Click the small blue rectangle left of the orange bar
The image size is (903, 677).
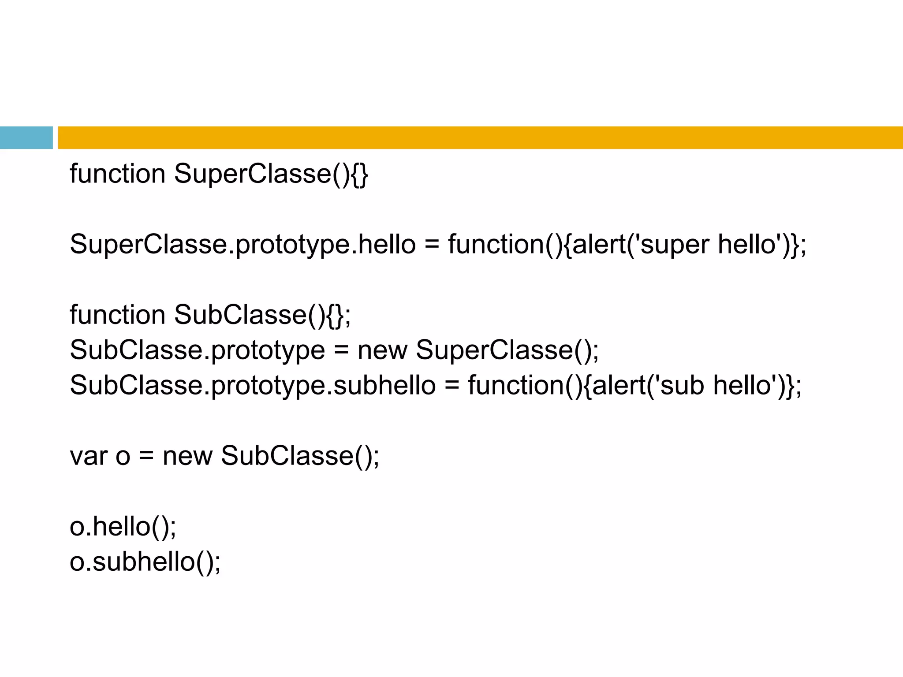pyautogui.click(x=26, y=138)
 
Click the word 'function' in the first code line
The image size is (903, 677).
pyautogui.click(x=117, y=174)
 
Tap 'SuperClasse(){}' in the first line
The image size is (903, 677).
pyautogui.click(x=271, y=174)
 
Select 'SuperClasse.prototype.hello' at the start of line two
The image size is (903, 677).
pyautogui.click(x=243, y=245)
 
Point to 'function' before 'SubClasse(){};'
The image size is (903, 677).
pyautogui.click(x=117, y=315)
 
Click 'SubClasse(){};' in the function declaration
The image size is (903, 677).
pyautogui.click(x=263, y=315)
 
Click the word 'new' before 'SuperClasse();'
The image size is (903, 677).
pyautogui.click(x=382, y=350)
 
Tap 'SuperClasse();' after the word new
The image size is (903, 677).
pyautogui.click(x=507, y=350)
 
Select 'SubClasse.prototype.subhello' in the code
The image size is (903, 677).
pyautogui.click(x=253, y=385)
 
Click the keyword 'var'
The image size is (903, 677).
pyautogui.click(x=88, y=456)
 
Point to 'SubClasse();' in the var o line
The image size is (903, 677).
pyautogui.click(x=300, y=456)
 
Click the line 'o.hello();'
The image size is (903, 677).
pyautogui.click(x=123, y=526)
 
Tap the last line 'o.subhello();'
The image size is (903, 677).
pyautogui.click(x=145, y=562)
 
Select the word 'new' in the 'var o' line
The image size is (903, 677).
pyautogui.click(x=187, y=456)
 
